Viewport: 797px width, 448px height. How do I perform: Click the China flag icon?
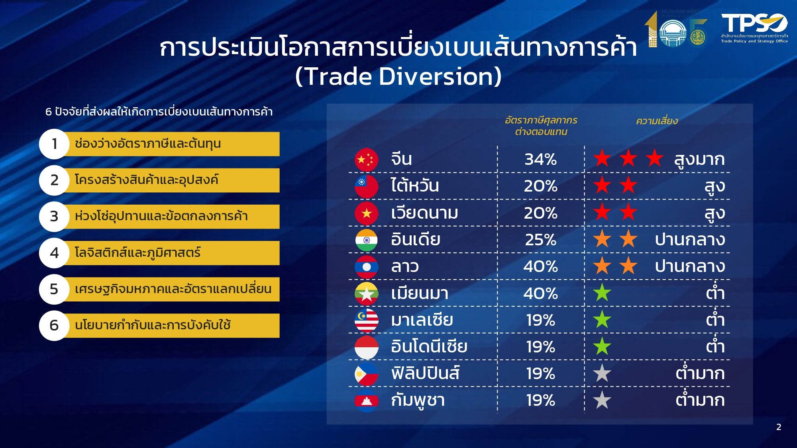pyautogui.click(x=366, y=160)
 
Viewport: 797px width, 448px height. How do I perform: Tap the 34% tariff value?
pyautogui.click(x=540, y=160)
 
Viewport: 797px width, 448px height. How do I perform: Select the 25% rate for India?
pyautogui.click(x=540, y=240)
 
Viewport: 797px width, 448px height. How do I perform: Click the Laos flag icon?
pyautogui.click(x=366, y=267)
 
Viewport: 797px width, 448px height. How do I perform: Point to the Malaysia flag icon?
pyautogui.click(x=366, y=320)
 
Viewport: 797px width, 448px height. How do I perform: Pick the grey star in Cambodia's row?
pyautogui.click(x=602, y=400)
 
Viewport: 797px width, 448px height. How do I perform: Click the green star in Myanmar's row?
pyautogui.click(x=602, y=293)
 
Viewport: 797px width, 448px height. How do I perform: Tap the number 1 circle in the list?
pyautogui.click(x=55, y=144)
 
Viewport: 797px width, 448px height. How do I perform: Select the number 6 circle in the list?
pyautogui.click(x=55, y=325)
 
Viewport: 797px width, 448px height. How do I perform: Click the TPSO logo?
pyautogui.click(x=754, y=28)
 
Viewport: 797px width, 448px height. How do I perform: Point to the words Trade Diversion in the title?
pyautogui.click(x=398, y=76)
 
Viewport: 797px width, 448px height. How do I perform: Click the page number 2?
pyautogui.click(x=779, y=427)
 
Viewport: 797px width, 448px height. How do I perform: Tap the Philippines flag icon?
pyautogui.click(x=366, y=374)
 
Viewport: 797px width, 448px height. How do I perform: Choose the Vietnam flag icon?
pyautogui.click(x=366, y=213)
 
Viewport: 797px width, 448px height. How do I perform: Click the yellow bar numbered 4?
pyautogui.click(x=171, y=253)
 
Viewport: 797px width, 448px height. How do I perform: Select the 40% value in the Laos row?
pyautogui.click(x=540, y=266)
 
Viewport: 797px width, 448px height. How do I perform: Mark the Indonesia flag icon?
pyautogui.click(x=366, y=347)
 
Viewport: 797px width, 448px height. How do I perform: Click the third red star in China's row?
pyautogui.click(x=654, y=158)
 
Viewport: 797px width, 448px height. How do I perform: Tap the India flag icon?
pyautogui.click(x=366, y=240)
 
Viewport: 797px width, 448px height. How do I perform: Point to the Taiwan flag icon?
pyautogui.click(x=366, y=186)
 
